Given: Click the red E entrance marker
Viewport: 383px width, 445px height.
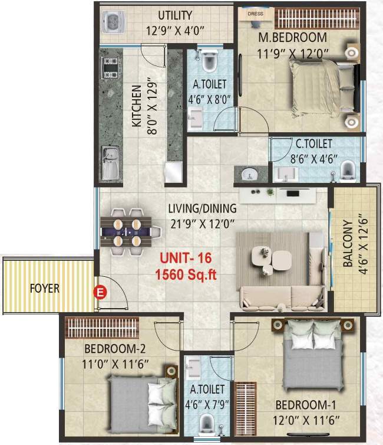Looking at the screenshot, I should point(100,291).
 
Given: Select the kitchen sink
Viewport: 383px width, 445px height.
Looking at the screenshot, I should point(110,163).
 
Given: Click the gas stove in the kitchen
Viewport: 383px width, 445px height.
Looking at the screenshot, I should point(110,71).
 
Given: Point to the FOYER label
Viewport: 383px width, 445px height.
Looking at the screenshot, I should point(45,290).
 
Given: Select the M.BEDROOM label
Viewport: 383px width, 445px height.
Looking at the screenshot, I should point(293,38).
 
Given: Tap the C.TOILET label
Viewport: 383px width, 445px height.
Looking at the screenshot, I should point(313,143).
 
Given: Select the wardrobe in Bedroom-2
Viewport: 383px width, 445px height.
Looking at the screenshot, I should point(101,325).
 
